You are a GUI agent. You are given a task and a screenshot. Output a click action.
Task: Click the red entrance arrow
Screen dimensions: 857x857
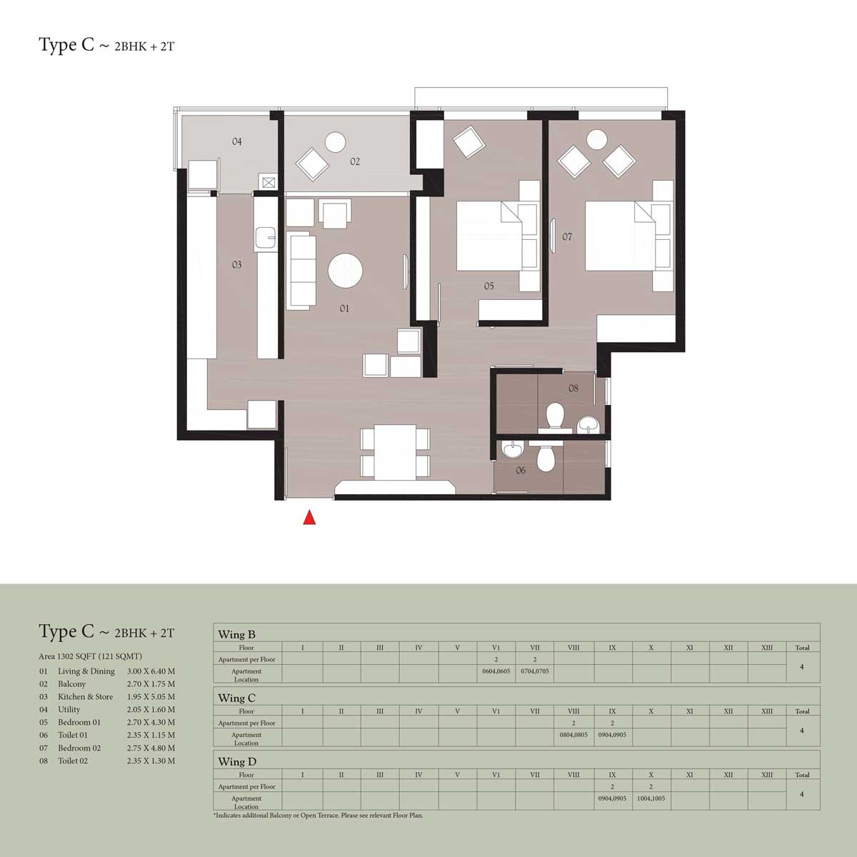pyautogui.click(x=309, y=518)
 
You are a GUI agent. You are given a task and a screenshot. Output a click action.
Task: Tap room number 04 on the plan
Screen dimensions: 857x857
pyautogui.click(x=237, y=141)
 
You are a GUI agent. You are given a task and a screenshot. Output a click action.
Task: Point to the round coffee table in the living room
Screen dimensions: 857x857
pyautogui.click(x=345, y=271)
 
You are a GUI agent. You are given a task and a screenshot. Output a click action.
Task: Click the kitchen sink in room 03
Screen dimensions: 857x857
pyautogui.click(x=267, y=238)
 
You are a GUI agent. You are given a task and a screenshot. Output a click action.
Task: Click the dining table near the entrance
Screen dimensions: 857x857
pyautogui.click(x=396, y=452)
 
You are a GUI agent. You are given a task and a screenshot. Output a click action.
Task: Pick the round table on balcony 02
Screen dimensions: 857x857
pyautogui.click(x=336, y=142)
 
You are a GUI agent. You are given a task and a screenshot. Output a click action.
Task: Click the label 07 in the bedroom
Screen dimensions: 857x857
pyautogui.click(x=567, y=236)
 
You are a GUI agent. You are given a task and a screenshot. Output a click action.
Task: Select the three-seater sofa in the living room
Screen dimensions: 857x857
pyautogui.click(x=301, y=271)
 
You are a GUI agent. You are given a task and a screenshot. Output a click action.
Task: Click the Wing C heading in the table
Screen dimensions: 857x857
pyautogui.click(x=236, y=698)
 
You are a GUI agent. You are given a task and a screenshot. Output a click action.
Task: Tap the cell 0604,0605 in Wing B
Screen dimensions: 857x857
pyautogui.click(x=496, y=671)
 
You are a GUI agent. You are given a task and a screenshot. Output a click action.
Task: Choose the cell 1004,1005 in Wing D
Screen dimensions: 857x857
pyautogui.click(x=651, y=798)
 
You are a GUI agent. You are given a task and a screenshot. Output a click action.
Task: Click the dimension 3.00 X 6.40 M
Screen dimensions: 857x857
pyautogui.click(x=151, y=671)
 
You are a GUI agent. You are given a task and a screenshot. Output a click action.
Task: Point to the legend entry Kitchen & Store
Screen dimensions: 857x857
pyautogui.click(x=86, y=696)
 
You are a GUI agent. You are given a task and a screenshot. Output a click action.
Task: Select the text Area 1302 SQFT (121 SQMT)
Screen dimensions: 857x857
pyautogui.click(x=90, y=656)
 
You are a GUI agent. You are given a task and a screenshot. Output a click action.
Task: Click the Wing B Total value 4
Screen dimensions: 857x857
pyautogui.click(x=802, y=666)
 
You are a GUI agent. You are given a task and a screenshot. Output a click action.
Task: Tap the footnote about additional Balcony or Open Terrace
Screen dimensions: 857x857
pyautogui.click(x=319, y=815)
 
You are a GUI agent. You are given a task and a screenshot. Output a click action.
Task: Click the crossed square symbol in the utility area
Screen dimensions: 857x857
pyautogui.click(x=269, y=182)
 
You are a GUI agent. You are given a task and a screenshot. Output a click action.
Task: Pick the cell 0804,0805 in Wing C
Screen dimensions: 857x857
pyautogui.click(x=573, y=735)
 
